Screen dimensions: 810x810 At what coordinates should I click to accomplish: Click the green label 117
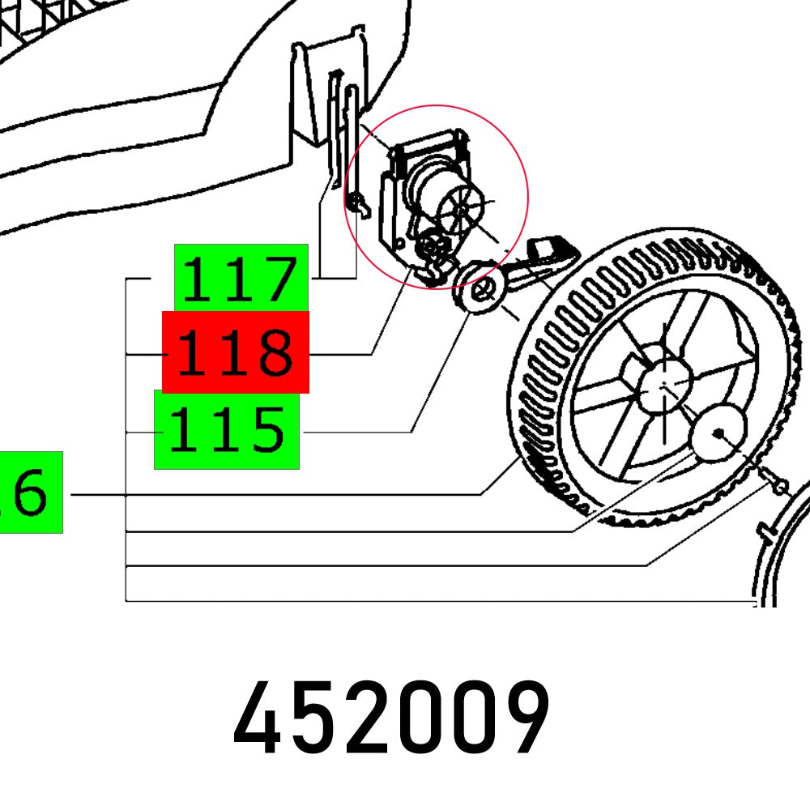(241, 277)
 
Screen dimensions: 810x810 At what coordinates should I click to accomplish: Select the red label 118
(236, 352)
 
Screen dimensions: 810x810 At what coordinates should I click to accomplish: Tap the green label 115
(227, 429)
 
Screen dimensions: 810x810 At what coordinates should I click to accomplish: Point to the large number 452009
(391, 720)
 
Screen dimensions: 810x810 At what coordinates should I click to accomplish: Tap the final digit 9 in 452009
(524, 720)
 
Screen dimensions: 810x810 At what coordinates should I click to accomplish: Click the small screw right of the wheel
(778, 486)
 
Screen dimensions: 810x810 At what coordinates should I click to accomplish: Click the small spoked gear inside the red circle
(458, 209)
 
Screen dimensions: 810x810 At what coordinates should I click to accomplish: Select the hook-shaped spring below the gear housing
(434, 267)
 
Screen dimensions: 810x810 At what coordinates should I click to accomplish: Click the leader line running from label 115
(356, 433)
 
